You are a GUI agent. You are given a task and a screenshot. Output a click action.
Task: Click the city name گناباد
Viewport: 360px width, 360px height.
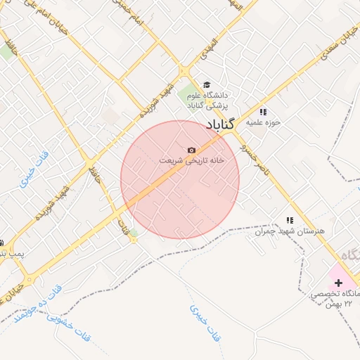[224, 124]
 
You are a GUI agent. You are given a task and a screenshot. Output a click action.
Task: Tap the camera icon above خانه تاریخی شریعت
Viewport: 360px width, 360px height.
[191, 150]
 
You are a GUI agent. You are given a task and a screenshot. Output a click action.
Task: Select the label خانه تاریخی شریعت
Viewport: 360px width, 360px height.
[191, 160]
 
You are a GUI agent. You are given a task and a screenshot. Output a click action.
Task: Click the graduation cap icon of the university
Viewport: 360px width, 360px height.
[206, 84]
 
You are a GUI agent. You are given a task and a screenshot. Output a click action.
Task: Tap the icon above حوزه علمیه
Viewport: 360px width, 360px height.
[263, 111]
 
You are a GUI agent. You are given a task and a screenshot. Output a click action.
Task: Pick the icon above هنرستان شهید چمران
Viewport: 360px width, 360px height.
[290, 220]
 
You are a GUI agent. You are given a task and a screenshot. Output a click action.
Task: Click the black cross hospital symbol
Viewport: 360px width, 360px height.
[339, 281]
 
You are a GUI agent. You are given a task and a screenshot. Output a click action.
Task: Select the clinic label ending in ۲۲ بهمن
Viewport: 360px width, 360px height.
[336, 298]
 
